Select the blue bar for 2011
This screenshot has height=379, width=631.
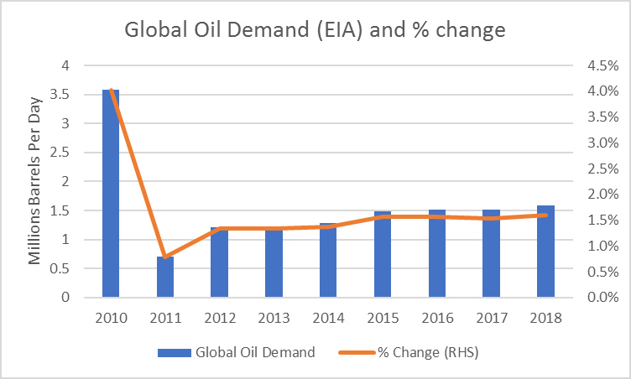click(165, 277)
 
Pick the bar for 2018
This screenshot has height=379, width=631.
click(545, 251)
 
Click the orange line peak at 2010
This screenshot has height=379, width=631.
click(111, 90)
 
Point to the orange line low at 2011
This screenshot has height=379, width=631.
click(165, 257)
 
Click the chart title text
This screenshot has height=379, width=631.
click(315, 30)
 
